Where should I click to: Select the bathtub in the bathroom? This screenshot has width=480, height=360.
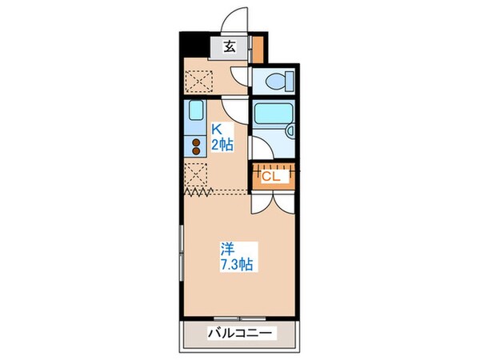270,113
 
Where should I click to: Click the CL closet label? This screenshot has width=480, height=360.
270,177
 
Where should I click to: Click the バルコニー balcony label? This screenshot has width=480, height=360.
239,334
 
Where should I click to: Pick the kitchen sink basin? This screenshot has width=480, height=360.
194,114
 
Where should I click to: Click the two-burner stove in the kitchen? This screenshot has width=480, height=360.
194,146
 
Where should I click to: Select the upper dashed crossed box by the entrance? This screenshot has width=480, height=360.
195,82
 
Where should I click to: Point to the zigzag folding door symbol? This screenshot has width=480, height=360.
195,192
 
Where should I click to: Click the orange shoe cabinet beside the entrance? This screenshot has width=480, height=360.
256,50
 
